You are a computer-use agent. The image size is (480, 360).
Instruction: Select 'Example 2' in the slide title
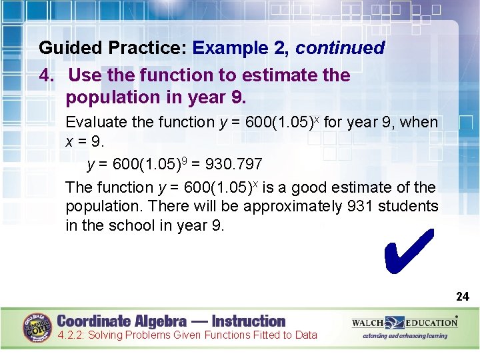coord(241,49)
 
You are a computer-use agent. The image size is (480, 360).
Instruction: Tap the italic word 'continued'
coord(340,49)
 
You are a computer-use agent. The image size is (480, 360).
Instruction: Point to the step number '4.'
coord(47,75)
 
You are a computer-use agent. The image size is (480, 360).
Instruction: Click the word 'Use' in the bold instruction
coord(84,75)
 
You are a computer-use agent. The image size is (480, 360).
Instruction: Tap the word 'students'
coord(409,207)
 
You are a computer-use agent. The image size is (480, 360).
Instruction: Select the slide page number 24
coord(462,297)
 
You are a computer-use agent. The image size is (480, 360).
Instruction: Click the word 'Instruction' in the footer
coord(248,321)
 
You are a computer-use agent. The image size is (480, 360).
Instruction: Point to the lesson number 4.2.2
coord(71,335)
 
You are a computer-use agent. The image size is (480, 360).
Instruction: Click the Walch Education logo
coord(405,323)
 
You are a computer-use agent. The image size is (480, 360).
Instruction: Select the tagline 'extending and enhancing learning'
coord(405,336)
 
